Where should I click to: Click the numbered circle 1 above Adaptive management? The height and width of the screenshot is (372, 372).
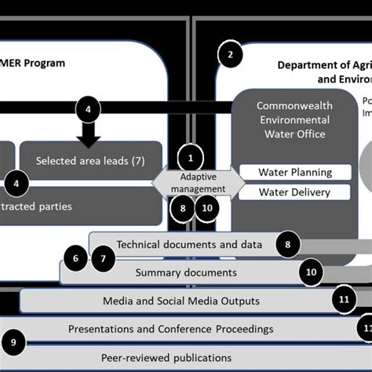coord(190,156)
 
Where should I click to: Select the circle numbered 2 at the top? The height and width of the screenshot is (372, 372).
coord(230,54)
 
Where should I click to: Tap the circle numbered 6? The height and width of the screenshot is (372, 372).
coord(76,257)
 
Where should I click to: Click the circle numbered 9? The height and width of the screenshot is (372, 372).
coord(14,341)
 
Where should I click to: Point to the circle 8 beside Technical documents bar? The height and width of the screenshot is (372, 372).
coord(288,245)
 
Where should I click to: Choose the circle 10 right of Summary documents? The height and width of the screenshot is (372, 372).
coord(312,272)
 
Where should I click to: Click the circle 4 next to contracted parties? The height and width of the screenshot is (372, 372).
coord(15,185)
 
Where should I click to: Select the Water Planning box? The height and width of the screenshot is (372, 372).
coord(284,172)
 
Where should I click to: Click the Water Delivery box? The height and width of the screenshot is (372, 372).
coord(284,192)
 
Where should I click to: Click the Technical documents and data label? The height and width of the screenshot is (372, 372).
coord(189,244)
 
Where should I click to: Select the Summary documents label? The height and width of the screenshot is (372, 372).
coord(185,272)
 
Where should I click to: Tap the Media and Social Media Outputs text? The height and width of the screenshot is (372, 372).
coord(181,301)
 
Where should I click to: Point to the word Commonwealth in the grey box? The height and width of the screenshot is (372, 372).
coord(295,106)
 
